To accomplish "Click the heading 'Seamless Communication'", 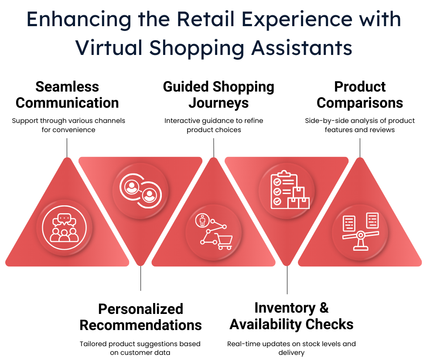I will pos(67,95).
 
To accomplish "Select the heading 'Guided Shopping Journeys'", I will pos(219,95).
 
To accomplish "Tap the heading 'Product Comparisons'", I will pos(360,95).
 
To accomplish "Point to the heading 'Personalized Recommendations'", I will pos(140,317).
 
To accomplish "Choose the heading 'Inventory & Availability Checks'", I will pos(291,316).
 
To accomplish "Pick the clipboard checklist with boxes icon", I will pos(287,191).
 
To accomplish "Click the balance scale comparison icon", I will pos(360,232).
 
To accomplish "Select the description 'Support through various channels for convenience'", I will pos(68,125).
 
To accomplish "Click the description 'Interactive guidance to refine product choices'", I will pos(214,125).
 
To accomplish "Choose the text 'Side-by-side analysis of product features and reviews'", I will pos(360,125).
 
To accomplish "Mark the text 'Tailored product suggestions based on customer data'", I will pos(140,348).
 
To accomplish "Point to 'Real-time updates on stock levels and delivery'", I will pos(291,348).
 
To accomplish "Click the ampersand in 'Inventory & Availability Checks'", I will pos(323,308).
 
